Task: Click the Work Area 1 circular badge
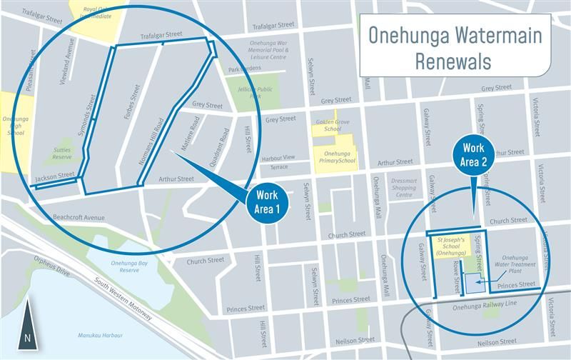click(x=266, y=204)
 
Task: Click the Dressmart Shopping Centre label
click(x=403, y=188)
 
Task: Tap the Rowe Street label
click(x=458, y=275)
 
